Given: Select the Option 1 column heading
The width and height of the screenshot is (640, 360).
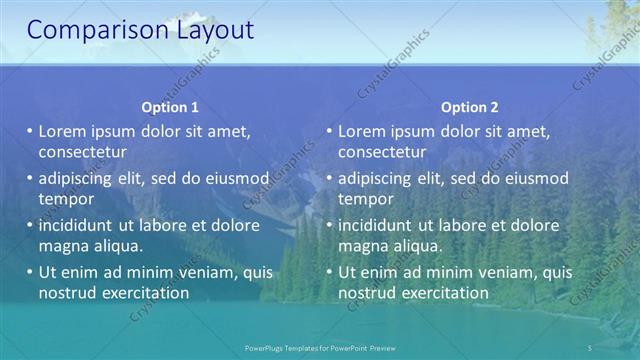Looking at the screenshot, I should coord(170,107).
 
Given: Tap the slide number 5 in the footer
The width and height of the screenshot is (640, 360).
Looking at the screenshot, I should coord(590,347).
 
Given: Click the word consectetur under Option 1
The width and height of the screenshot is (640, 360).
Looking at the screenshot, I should coord(82,152).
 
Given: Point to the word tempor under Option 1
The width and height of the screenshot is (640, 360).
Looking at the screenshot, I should coord(65,198).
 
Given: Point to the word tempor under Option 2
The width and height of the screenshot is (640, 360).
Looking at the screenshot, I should coord(365,198).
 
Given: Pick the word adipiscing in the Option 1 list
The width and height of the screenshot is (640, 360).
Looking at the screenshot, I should coord(79,178).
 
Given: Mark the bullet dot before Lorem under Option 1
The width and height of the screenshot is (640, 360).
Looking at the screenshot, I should coord(30,131).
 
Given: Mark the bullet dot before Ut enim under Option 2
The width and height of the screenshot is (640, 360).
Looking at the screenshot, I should coord(330,272).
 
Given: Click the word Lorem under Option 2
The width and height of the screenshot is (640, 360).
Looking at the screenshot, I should coord(361,131).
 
